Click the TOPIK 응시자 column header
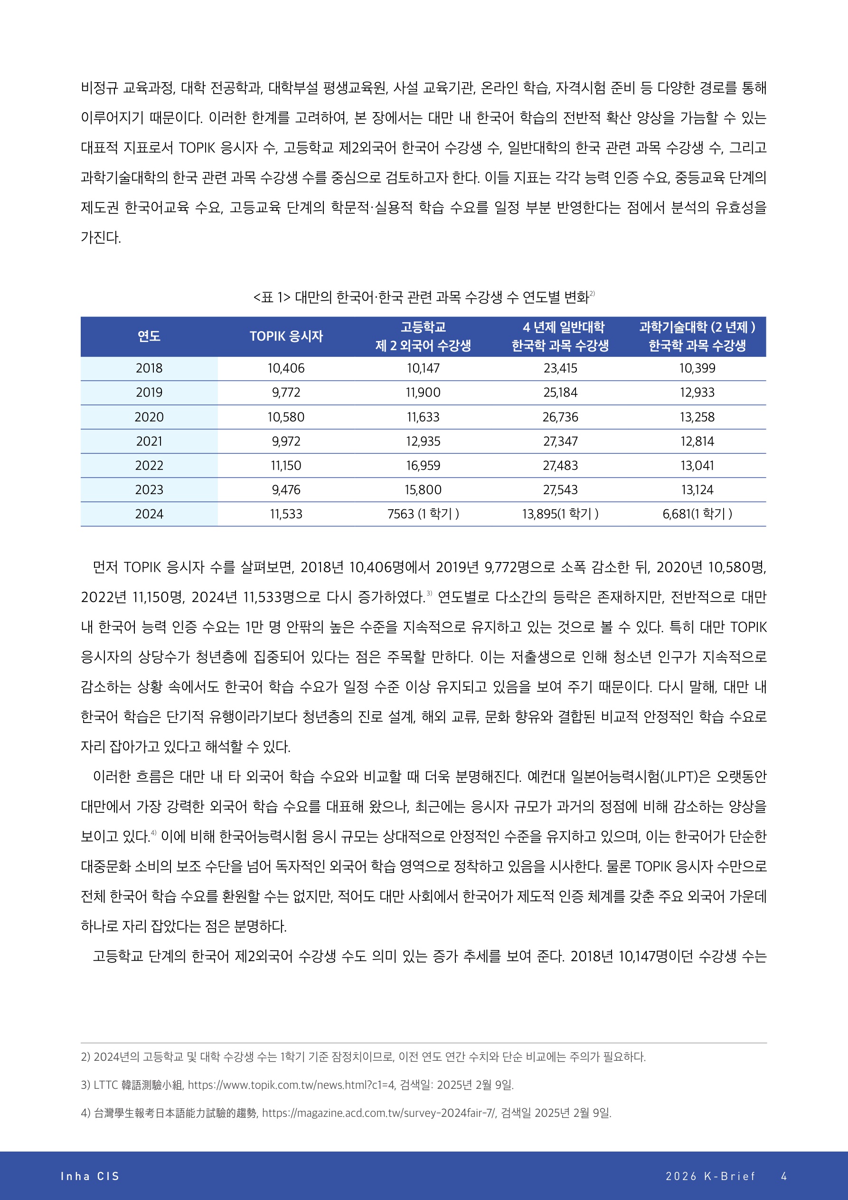286,336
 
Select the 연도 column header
149,336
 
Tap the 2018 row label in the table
149,369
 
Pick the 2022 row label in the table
149,466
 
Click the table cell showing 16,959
423,466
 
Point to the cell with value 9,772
286,392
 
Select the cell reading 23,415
560,369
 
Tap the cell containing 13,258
697,417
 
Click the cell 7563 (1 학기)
423,514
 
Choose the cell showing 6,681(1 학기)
697,514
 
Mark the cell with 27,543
560,490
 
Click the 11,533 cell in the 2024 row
286,514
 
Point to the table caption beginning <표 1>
424,297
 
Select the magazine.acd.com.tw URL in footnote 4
378,1113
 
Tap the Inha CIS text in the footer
90,1176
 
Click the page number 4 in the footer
784,1176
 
